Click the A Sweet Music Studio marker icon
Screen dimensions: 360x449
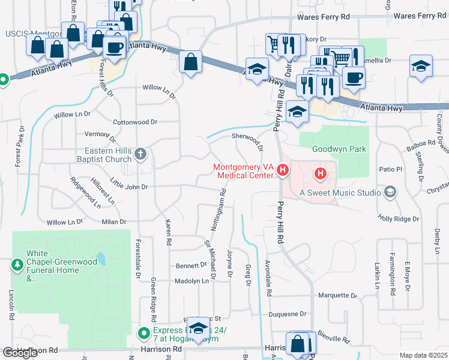tap(391, 192)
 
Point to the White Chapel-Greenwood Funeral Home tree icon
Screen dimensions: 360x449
tap(17, 263)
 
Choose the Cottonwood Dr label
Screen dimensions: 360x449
tap(135, 122)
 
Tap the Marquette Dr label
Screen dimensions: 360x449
tap(337, 295)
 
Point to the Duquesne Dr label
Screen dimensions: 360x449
tap(287, 314)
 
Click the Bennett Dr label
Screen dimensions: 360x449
tap(191, 265)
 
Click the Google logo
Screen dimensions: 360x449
tap(20, 353)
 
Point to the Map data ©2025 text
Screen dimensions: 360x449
tap(423, 355)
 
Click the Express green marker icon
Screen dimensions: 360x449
tap(144, 332)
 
